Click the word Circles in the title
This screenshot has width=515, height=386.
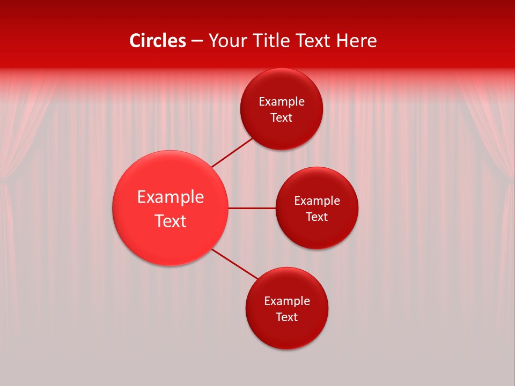pos(157,41)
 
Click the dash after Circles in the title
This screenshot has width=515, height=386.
pos(197,41)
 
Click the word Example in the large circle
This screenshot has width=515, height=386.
pos(171,197)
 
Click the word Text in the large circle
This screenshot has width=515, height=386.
pos(171,221)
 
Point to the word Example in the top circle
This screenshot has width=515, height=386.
pos(282,102)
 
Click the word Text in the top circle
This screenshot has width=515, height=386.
pos(282,118)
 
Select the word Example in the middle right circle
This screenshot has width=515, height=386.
pos(317,201)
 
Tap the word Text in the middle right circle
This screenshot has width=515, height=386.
pos(317,217)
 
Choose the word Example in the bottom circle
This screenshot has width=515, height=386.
pos(287,301)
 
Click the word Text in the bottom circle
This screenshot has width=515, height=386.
pos(287,317)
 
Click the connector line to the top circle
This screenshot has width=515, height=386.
pos(232,153)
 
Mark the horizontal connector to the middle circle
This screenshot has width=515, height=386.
pos(252,208)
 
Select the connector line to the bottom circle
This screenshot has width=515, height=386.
pos(235,264)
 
